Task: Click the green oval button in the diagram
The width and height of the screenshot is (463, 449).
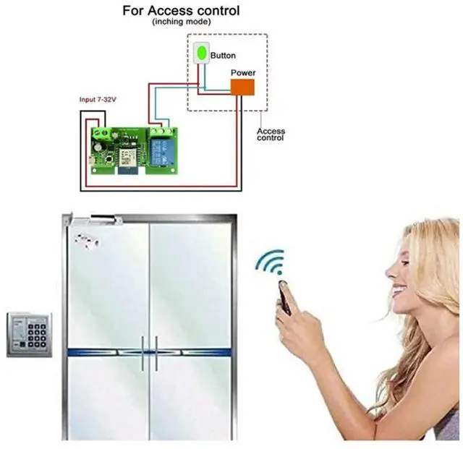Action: click(x=202, y=54)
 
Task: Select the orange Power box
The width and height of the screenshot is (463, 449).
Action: click(x=242, y=87)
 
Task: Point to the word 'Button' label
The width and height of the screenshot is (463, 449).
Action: click(x=223, y=55)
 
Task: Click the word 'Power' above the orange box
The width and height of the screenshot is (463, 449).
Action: click(x=242, y=73)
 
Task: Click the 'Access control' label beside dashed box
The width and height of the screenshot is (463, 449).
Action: click(x=271, y=134)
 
